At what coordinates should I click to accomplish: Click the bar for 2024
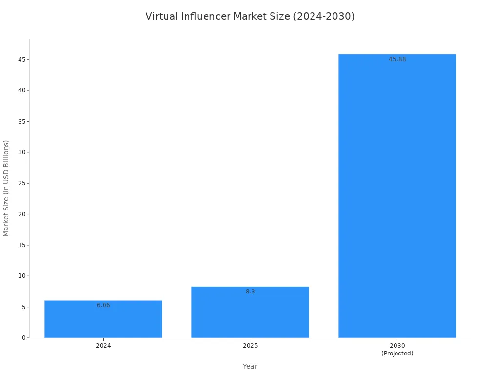[104, 319]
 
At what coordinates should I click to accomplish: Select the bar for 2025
[250, 312]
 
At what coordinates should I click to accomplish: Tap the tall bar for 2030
[397, 196]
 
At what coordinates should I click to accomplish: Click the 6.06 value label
[104, 305]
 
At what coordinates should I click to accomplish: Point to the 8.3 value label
[250, 292]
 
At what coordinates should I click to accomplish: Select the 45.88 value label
[397, 59]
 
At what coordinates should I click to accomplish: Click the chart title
[250, 16]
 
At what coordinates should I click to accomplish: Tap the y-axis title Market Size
[6, 188]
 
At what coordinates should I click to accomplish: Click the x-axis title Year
[250, 366]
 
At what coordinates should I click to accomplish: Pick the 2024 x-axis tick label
[104, 345]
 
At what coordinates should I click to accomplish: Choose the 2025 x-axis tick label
[250, 345]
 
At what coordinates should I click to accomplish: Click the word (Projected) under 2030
[397, 354]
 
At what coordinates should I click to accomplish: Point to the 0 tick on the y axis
[24, 338]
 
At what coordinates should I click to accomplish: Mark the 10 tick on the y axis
[22, 276]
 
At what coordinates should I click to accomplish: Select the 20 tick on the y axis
[22, 214]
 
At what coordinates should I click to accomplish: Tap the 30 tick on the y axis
[22, 152]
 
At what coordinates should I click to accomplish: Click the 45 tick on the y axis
[22, 59]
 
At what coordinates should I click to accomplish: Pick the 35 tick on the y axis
[22, 121]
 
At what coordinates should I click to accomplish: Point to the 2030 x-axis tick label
[397, 345]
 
